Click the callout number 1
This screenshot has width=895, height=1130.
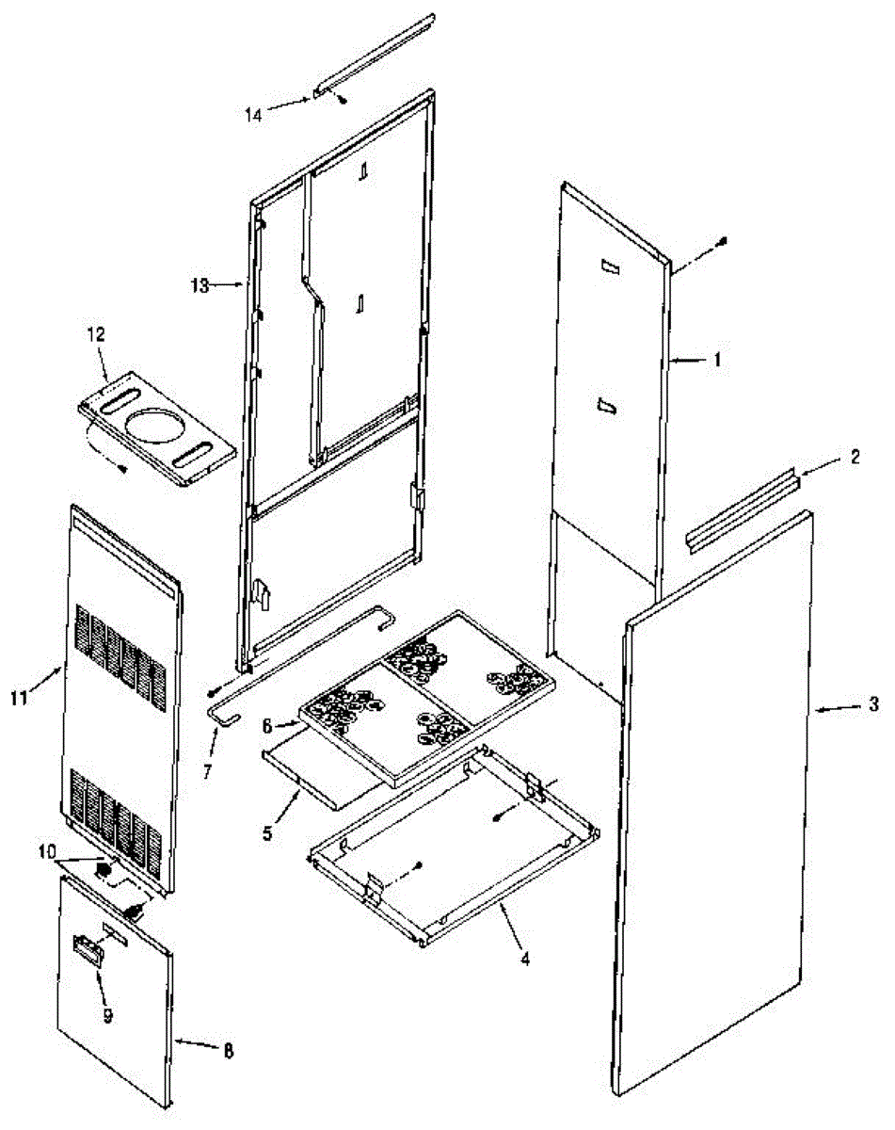pyautogui.click(x=717, y=359)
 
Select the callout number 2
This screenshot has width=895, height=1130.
pyautogui.click(x=855, y=458)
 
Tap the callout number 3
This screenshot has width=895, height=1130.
pyautogui.click(x=873, y=704)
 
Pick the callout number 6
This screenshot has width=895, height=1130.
pyautogui.click(x=266, y=726)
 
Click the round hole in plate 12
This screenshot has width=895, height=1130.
pyautogui.click(x=155, y=422)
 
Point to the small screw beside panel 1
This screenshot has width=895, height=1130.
pyautogui.click(x=722, y=242)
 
